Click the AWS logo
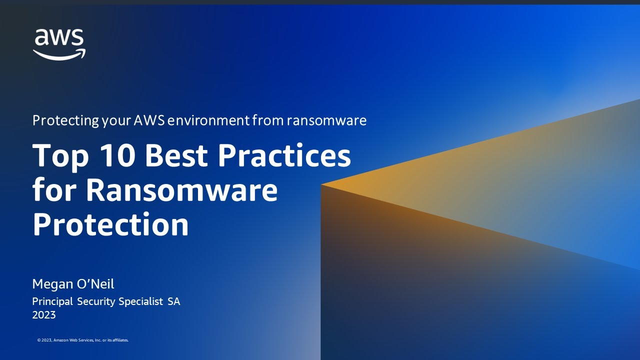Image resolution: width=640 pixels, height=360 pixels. pos(59,44)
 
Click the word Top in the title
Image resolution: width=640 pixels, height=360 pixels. pos(60,156)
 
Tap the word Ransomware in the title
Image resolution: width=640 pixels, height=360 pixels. pos(181,190)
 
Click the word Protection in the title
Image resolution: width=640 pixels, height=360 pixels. pos(110,225)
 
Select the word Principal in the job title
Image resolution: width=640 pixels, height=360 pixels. pos(52,301)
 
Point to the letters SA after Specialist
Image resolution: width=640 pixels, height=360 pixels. pos(174,301)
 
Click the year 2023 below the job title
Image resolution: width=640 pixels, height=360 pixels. pos(44,315)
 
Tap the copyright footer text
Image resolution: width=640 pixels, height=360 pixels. pos(83,340)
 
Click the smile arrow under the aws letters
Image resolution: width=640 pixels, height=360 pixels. pos(59,54)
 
